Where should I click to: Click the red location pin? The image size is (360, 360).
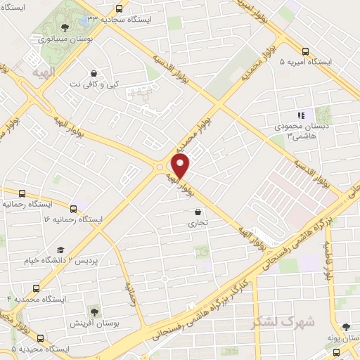(x=181, y=166)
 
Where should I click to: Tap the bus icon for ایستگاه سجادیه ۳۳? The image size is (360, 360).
(x=119, y=9)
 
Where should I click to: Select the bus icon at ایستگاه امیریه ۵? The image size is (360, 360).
(x=305, y=51)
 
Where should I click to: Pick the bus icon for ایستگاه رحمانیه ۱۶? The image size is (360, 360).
(x=74, y=208)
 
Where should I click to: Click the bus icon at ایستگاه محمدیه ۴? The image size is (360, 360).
(x=37, y=288)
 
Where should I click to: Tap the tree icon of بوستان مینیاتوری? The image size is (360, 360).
(x=65, y=27)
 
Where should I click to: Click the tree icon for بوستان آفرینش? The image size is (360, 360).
(x=94, y=310)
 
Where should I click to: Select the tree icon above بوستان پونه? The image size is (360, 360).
(x=345, y=327)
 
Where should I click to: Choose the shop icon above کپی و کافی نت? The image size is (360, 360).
(x=94, y=72)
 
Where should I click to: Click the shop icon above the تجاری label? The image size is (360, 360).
(x=198, y=212)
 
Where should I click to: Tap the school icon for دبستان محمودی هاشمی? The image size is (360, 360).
(x=301, y=115)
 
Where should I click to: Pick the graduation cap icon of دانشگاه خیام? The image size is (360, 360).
(x=60, y=250)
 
